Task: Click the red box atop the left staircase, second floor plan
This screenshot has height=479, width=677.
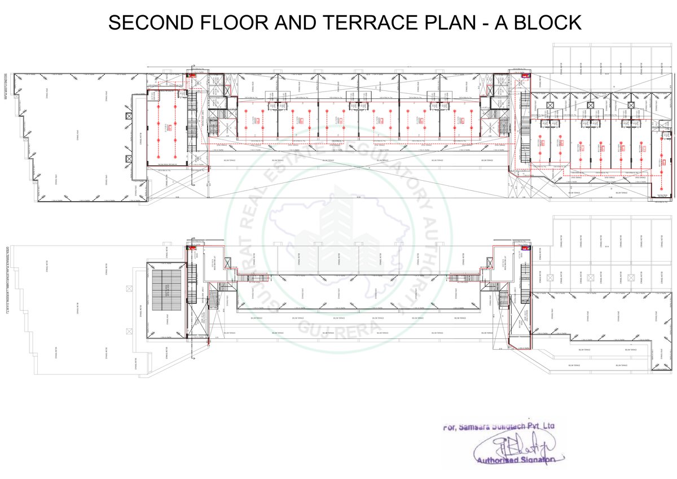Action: [x=191, y=74]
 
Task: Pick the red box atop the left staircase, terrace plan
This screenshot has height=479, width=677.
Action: [x=191, y=247]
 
